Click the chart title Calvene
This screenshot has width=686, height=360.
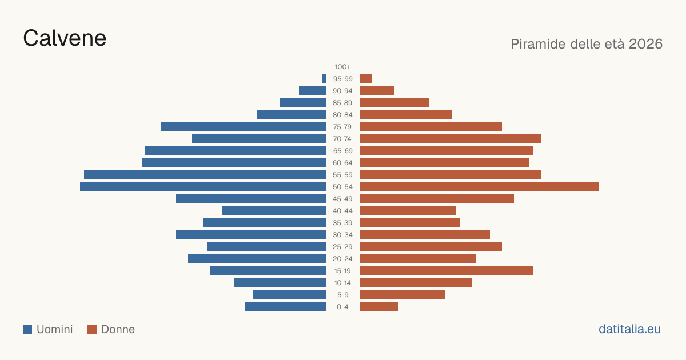coord(65,38)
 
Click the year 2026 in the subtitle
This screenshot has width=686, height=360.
coord(645,44)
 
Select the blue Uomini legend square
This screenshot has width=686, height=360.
coord(27,329)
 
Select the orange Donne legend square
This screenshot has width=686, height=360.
coord(92,329)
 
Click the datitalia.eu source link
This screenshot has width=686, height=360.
coord(629,329)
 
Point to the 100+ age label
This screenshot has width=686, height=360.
coord(342,67)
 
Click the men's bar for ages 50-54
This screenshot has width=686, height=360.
coord(203,187)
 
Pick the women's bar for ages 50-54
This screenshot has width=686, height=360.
coord(479,187)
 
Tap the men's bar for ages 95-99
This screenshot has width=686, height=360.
coord(324,79)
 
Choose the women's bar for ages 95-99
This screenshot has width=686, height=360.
coord(366,79)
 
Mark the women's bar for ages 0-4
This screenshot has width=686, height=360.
coord(379,307)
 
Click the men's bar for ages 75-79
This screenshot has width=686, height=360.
coord(243,127)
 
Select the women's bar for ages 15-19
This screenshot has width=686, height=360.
coord(446,271)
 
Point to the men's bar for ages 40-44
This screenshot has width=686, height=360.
coord(274,211)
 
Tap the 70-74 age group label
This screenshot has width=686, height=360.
coord(342,139)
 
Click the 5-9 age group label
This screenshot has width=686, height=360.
coord(342,295)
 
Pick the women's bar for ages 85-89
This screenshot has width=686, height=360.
coord(395,103)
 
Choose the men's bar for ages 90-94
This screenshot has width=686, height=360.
coord(312,91)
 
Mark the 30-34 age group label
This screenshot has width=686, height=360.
coord(342,235)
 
